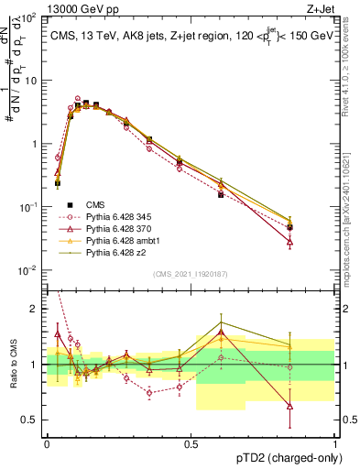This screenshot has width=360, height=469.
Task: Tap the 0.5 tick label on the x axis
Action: pos(191,443)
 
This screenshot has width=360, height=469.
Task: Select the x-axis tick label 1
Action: pos(335,443)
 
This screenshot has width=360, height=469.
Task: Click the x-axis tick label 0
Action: pos(47,443)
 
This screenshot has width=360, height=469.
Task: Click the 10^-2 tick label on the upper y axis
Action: pos(29,270)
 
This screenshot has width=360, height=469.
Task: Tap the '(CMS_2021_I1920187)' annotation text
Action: pos(191,274)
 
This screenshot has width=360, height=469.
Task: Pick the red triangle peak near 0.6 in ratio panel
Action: pos(221,332)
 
